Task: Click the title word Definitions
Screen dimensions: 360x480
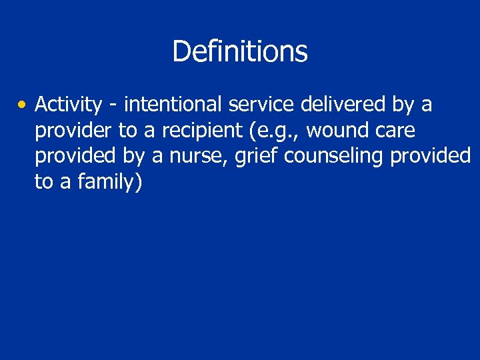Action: (x=240, y=51)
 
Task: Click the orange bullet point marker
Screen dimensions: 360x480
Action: (x=23, y=105)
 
